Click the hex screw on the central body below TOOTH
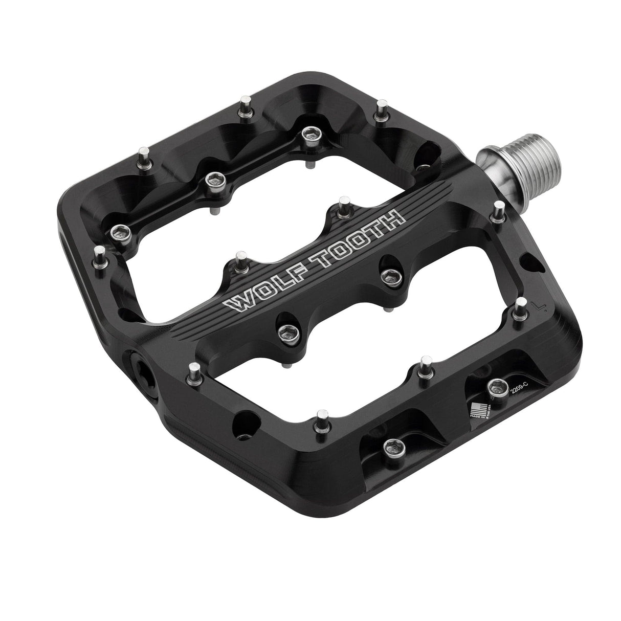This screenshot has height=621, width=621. [391, 275]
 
